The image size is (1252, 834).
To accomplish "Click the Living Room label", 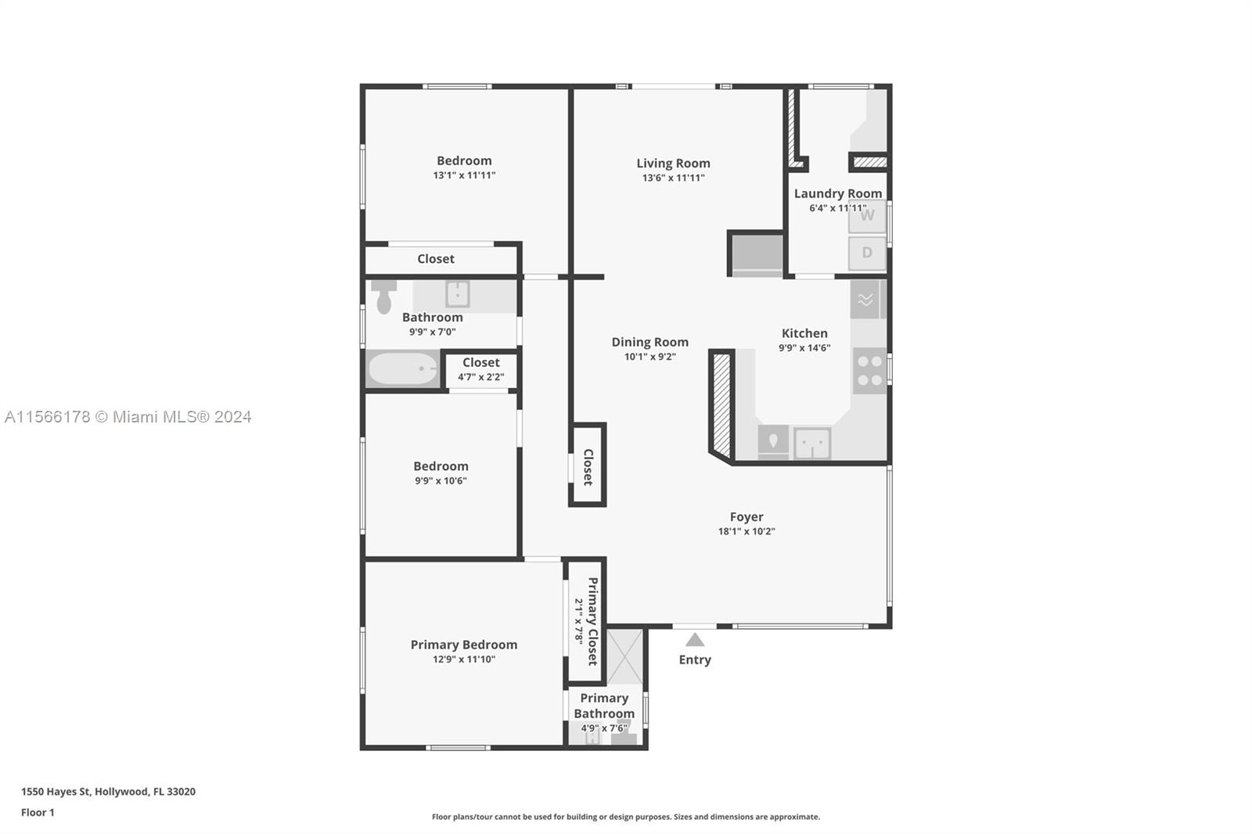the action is [x=673, y=164].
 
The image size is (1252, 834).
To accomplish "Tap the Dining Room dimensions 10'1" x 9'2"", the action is [x=650, y=357].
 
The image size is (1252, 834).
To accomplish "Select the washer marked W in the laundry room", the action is [x=867, y=216].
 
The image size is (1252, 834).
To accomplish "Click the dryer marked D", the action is [x=867, y=253].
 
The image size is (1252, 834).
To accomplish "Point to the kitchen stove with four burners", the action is [x=869, y=371].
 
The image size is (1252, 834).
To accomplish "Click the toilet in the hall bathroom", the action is [x=383, y=297].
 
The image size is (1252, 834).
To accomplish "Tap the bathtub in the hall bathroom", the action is [x=403, y=368].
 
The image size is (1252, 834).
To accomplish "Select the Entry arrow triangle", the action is [x=695, y=639].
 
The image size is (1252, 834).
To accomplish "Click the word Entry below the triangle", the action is [x=695, y=660].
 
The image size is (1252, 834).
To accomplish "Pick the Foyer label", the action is [x=747, y=517].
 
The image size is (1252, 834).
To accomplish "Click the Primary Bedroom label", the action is [x=464, y=645].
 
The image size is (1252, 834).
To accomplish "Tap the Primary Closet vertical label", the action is [x=593, y=621].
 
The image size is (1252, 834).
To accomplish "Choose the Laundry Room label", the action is [x=838, y=193].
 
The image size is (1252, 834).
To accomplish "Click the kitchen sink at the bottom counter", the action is [x=812, y=444].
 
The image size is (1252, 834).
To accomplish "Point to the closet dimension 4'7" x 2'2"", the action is [x=480, y=377].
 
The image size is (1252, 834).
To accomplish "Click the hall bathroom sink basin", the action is [x=457, y=294].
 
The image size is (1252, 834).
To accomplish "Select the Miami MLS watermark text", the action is [x=128, y=417].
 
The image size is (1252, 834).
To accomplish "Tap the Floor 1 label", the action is [x=38, y=813].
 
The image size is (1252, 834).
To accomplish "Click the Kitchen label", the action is [x=804, y=333].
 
